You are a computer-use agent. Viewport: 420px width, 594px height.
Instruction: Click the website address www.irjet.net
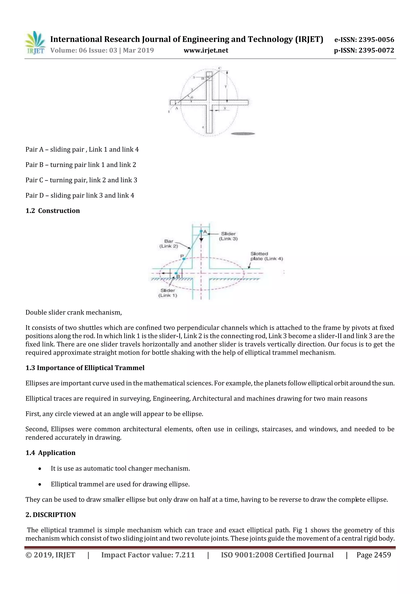point(206,50)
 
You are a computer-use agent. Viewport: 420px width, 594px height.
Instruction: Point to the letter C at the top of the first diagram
point(220,68)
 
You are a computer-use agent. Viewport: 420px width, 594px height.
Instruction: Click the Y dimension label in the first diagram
point(225,87)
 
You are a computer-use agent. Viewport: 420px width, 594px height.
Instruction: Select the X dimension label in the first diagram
point(225,108)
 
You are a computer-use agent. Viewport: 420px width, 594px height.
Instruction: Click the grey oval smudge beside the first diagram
point(243,134)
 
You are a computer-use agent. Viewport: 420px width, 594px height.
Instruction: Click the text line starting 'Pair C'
point(81,180)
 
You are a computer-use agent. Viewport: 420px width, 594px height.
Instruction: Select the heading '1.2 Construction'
point(52,211)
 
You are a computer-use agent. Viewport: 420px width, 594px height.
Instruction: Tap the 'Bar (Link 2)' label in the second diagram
point(169,243)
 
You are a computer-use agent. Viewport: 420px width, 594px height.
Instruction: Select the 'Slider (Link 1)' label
point(168,293)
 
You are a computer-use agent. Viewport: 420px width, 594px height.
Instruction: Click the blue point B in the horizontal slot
point(176,273)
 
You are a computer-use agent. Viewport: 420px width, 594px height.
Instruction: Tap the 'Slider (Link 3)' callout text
point(228,236)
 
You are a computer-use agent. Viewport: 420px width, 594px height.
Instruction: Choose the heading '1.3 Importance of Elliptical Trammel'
point(85,368)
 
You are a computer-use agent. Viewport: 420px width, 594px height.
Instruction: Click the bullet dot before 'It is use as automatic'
point(40,469)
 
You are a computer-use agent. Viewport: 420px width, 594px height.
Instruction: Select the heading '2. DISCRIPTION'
point(51,515)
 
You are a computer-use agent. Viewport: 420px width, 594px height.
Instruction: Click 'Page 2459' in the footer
point(373,555)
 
